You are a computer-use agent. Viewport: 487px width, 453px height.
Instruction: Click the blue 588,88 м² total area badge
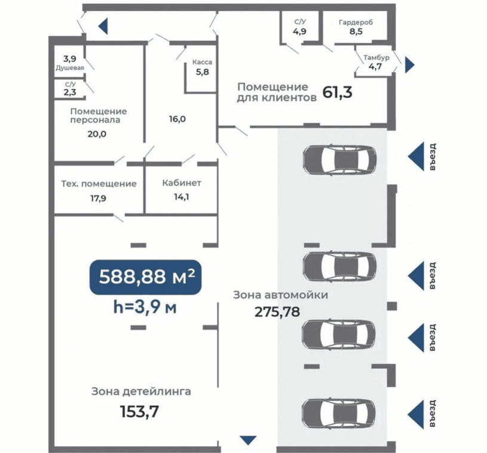[145, 277]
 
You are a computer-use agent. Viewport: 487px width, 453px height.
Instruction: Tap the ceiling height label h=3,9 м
[145, 307]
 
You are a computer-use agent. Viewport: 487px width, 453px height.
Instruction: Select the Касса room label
[202, 62]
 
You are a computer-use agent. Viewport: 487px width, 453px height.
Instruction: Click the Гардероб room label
[356, 22]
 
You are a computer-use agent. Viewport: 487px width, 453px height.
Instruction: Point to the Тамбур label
[376, 57]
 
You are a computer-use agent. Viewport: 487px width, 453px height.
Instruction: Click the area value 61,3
[337, 92]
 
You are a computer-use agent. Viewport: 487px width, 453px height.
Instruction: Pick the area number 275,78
[277, 311]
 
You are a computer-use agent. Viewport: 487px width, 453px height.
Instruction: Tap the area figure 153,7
[139, 412]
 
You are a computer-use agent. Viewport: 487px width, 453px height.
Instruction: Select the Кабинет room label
[182, 183]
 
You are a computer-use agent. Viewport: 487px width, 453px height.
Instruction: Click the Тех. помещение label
[99, 183]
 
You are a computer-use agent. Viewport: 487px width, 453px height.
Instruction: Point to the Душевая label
[70, 68]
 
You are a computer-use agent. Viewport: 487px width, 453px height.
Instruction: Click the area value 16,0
[177, 119]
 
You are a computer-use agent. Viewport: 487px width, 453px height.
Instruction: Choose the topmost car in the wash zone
[339, 159]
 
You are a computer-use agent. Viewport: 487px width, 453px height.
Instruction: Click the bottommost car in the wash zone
[339, 413]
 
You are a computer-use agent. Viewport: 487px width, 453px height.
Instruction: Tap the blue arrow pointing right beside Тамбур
[410, 65]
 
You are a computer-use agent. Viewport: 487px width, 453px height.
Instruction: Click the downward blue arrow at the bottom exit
[248, 440]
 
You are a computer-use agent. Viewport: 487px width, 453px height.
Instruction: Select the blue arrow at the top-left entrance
[103, 26]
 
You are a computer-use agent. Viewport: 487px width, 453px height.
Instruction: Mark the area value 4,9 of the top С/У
[299, 32]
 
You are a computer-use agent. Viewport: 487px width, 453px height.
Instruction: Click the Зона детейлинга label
[141, 391]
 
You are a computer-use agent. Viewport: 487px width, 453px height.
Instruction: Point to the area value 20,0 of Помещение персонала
[97, 134]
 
